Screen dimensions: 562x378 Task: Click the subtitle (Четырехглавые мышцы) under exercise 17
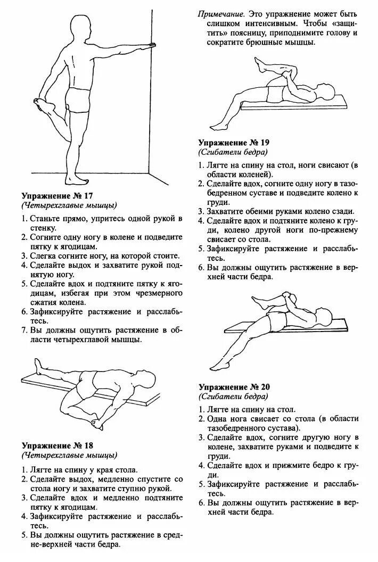70,205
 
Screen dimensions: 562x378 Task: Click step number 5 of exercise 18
25,535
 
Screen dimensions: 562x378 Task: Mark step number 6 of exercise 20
202,502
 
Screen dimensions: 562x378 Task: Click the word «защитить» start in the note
343,24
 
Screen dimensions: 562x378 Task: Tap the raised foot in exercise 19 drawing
259,64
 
